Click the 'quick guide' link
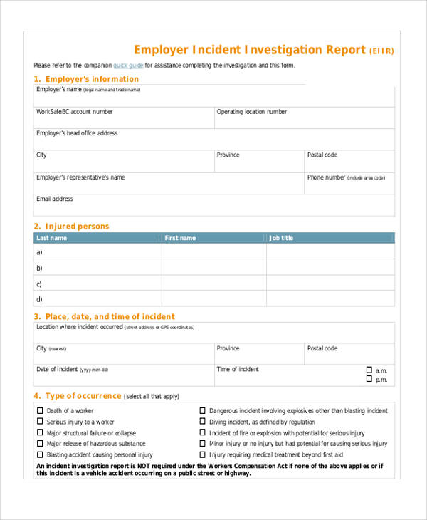128,66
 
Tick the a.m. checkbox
369,370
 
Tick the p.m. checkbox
369,379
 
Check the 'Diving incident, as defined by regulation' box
202,422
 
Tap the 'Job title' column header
281,238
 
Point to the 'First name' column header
180,238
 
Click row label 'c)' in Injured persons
39,284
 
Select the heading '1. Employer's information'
86,79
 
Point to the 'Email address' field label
55,199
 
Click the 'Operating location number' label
252,112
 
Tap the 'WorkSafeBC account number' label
75,112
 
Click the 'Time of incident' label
238,369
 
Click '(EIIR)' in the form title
381,51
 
